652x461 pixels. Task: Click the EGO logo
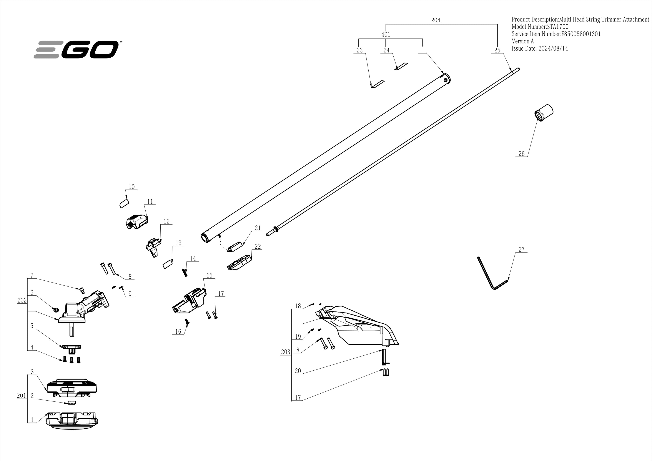point(76,50)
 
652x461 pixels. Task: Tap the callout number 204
point(436,20)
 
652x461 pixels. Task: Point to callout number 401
point(386,34)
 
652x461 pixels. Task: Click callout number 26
point(521,154)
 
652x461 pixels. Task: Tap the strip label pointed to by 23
point(378,84)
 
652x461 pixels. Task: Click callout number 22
point(258,246)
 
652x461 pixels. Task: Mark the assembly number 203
point(285,352)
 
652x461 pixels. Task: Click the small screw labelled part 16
point(187,321)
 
